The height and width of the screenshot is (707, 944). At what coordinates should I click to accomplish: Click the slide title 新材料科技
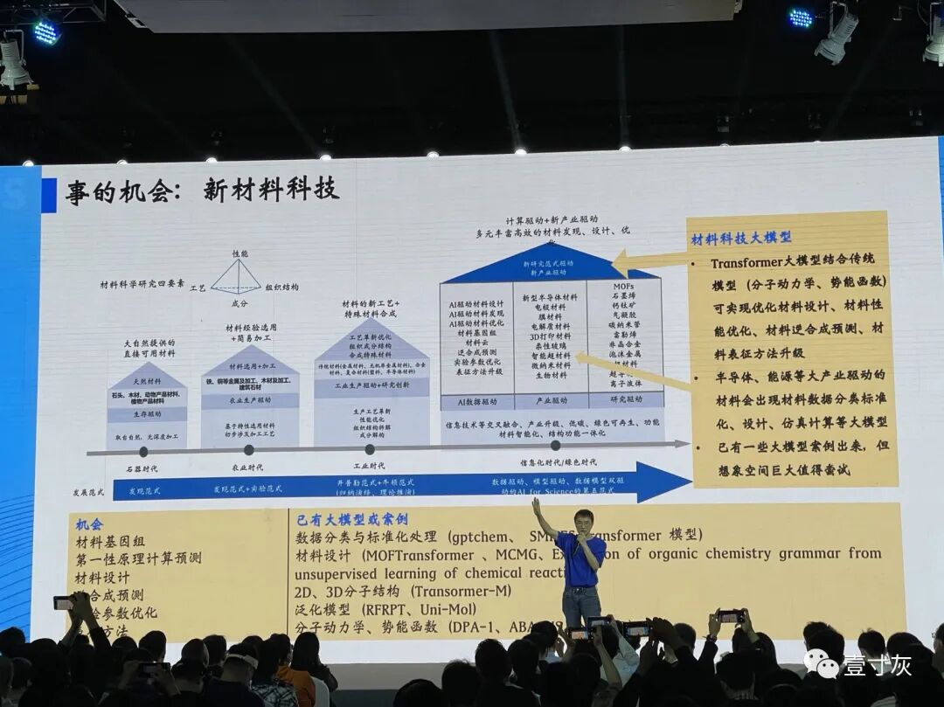(271, 189)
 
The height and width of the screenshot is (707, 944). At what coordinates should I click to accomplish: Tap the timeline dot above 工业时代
(369, 449)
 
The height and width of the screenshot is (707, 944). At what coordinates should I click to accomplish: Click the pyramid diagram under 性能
(236, 278)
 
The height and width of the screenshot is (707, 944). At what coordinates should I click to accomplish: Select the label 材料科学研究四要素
(142, 285)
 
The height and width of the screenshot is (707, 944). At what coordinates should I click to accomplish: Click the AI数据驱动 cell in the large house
(475, 402)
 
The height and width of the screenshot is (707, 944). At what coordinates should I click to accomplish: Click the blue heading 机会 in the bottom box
(89, 524)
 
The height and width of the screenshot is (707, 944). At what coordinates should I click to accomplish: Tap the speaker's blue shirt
(580, 560)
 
